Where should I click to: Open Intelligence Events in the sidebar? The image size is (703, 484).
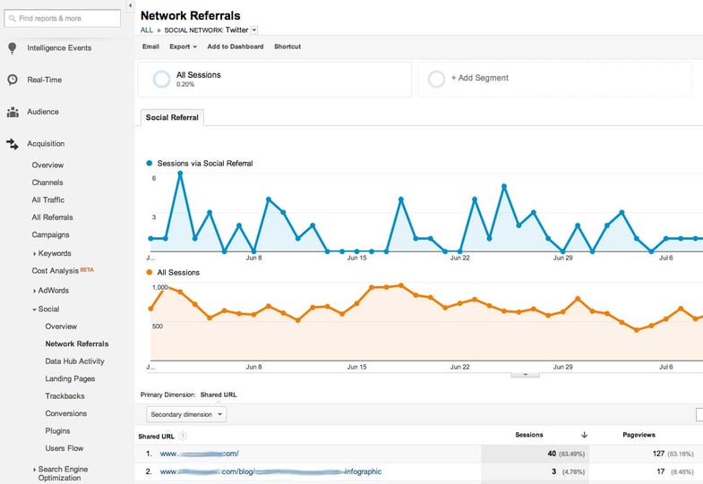coord(59,48)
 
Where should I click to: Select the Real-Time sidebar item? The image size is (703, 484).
coord(45,80)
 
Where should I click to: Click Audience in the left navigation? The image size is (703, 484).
coord(43,112)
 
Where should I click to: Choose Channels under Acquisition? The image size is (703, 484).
coord(47,183)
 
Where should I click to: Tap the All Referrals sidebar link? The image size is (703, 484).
coord(52,217)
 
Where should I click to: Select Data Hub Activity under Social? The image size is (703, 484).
coord(74,361)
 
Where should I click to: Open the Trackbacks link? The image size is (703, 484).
coord(64,396)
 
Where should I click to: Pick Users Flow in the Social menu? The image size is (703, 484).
coord(64,448)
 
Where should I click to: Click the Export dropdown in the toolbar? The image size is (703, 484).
coord(183,47)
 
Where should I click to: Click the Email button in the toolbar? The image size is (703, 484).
coord(150,47)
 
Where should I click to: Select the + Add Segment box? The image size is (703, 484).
coord(554,79)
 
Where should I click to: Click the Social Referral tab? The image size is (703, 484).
coord(173,117)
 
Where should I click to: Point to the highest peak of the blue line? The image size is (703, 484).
coord(180,173)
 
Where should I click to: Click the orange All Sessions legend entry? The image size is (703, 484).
coord(177,272)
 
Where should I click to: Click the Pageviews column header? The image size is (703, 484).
coord(639,435)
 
